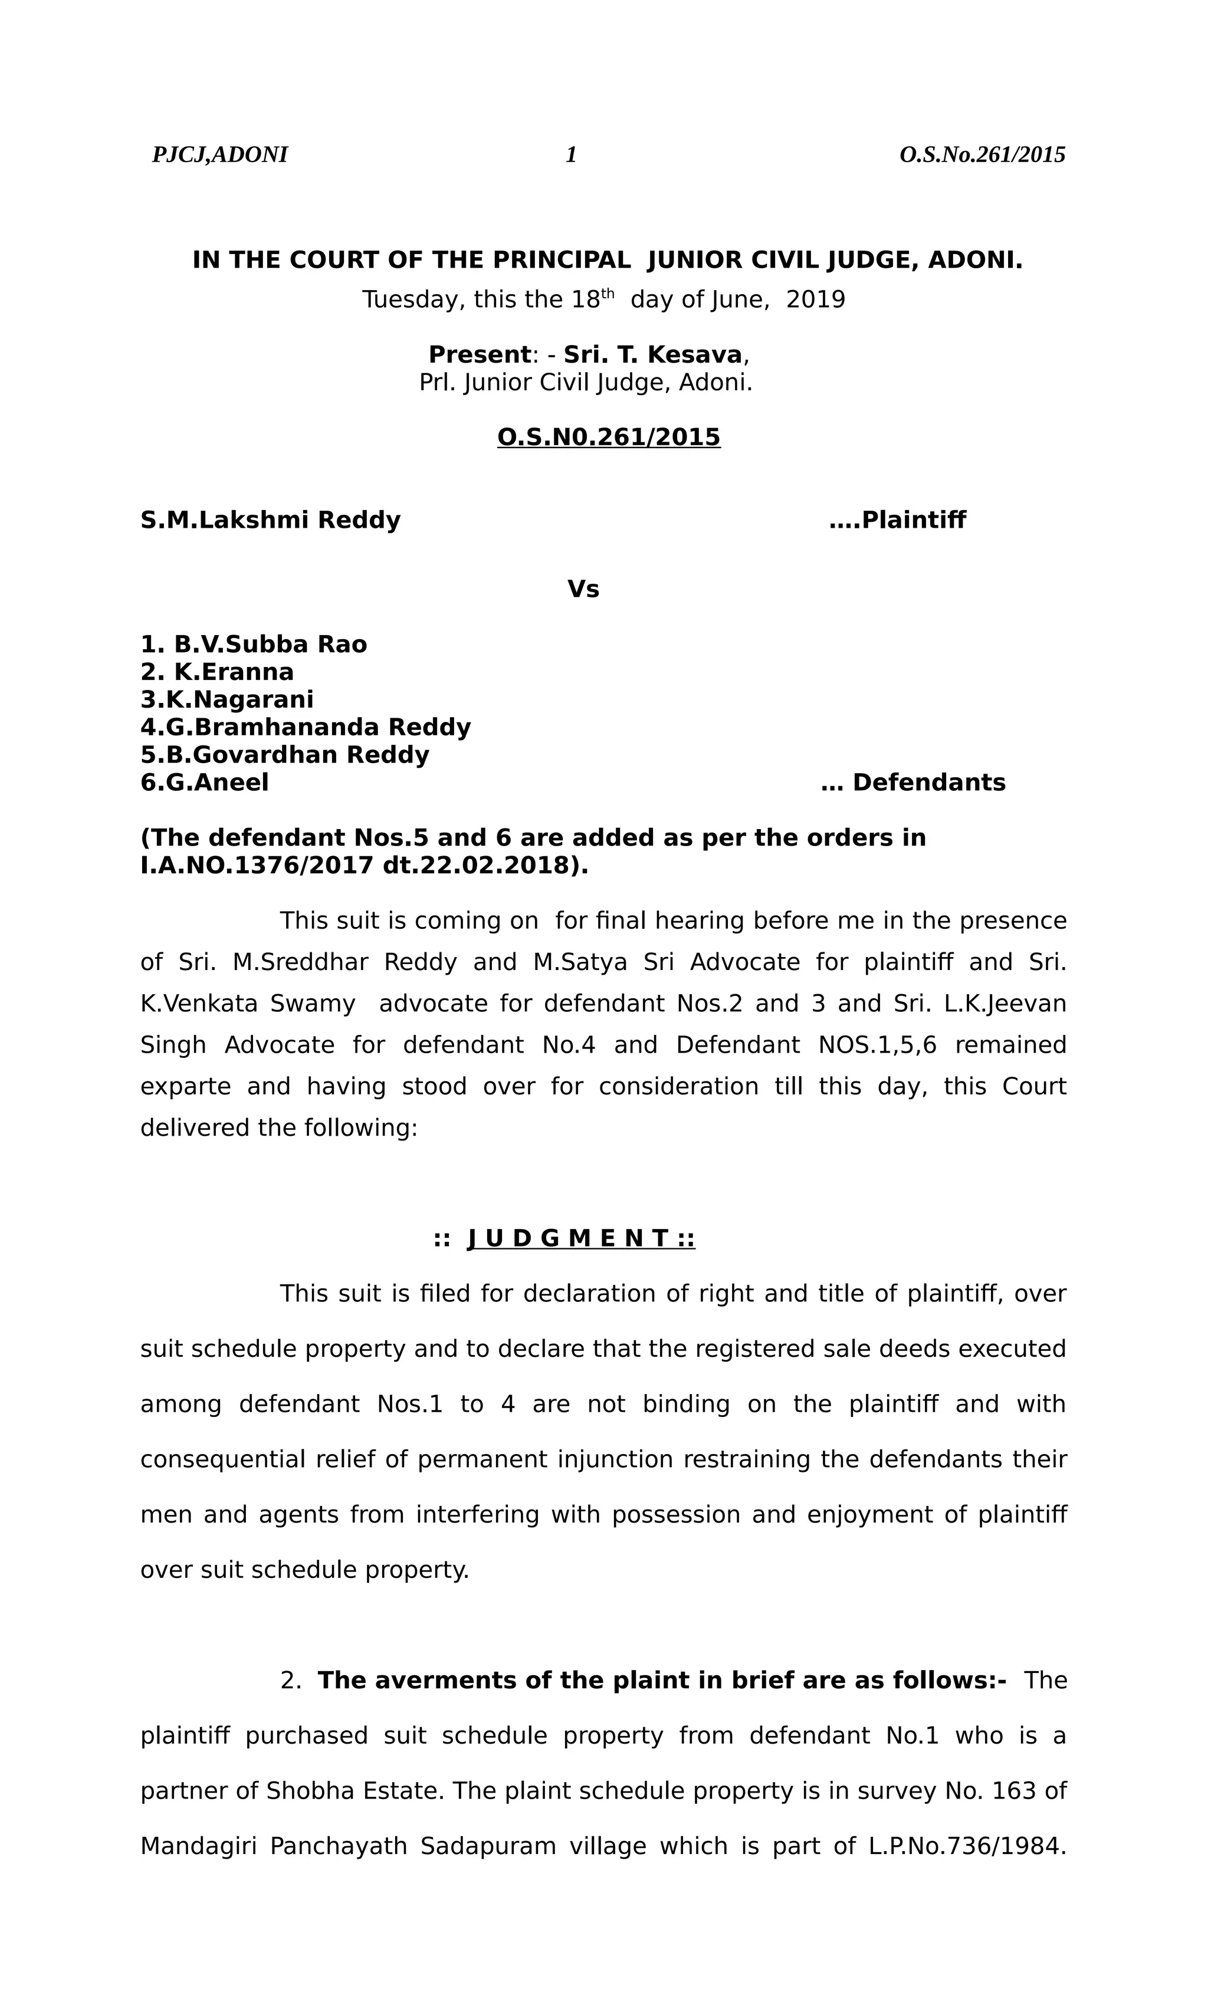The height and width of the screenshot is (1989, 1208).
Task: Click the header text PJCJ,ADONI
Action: point(219,155)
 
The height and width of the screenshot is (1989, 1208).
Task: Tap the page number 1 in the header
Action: point(571,155)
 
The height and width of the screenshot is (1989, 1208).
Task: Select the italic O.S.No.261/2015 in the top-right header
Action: point(982,155)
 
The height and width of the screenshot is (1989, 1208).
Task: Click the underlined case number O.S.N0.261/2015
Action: point(608,438)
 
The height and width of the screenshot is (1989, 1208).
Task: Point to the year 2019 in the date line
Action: point(816,300)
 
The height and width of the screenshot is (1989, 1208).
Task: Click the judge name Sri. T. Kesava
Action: point(652,355)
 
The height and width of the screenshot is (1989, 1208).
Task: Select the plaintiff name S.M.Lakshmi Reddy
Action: point(271,521)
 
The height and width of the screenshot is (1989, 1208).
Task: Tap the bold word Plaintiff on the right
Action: point(913,521)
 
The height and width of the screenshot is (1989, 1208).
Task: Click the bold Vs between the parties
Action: point(583,590)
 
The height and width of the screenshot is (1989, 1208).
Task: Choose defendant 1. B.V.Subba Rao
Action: point(254,645)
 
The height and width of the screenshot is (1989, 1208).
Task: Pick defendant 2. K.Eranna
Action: point(217,672)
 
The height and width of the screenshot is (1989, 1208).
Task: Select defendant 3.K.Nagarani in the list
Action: point(227,700)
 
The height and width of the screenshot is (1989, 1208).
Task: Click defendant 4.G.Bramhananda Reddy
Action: point(305,727)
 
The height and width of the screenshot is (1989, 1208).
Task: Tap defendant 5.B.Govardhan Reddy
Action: point(284,755)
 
